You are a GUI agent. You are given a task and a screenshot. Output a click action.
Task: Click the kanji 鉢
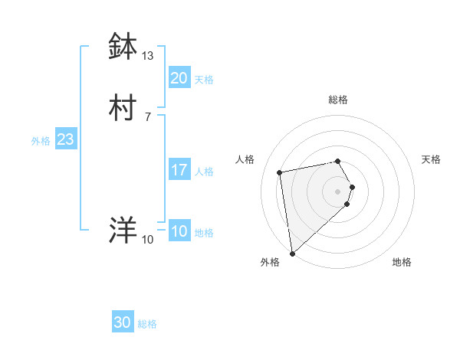(123, 47)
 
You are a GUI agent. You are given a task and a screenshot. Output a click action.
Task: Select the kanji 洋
(123, 231)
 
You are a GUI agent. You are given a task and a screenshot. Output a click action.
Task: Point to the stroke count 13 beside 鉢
(148, 56)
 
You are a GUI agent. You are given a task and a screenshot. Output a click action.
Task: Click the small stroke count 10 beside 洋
(148, 240)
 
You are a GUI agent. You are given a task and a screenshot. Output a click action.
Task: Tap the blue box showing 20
(179, 77)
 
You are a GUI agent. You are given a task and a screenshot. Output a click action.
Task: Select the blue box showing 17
(179, 169)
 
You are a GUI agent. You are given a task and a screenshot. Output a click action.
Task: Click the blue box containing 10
(179, 231)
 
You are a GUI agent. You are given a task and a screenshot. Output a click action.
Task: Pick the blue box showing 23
(65, 139)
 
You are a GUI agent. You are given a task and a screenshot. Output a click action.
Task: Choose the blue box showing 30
(123, 322)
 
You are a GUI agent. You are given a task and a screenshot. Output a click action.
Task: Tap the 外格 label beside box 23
(41, 141)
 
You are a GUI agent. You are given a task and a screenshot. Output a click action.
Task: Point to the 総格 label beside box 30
(147, 325)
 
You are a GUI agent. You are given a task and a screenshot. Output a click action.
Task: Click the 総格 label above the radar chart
(338, 100)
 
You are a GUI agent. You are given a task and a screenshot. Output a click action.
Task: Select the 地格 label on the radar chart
(402, 262)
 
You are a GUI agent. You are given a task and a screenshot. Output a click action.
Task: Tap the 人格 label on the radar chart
(245, 159)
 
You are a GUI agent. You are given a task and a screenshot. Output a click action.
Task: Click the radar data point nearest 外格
(292, 253)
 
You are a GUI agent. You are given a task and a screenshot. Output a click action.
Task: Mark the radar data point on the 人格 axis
(280, 172)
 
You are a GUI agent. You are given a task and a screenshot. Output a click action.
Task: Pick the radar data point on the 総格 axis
(338, 161)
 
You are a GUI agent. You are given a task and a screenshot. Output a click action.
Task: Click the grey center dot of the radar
(338, 191)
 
